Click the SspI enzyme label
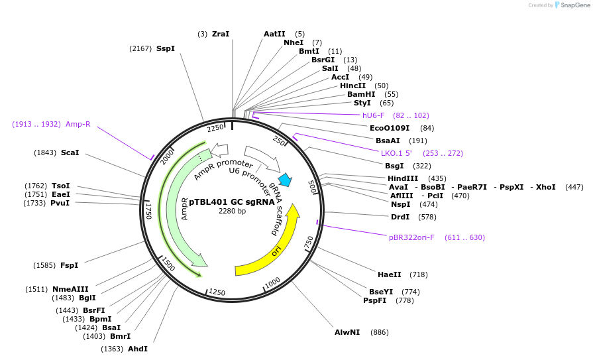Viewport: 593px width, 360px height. pos(166,48)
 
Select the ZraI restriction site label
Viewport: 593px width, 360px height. pos(221,34)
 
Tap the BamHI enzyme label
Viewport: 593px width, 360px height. pos(361,94)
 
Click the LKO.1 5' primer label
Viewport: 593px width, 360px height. pos(396,153)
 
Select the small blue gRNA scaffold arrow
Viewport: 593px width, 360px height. pos(286,180)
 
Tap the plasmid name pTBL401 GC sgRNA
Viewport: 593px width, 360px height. pos(231,202)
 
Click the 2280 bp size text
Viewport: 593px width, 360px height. pos(232,211)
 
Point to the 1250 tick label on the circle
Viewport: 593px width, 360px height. pos(217,292)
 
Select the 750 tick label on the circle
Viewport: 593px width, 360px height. pos(309,243)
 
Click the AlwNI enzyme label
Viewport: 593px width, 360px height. pos(347,332)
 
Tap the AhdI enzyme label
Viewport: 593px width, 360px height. pos(138,349)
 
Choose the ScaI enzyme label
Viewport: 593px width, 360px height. pos(70,152)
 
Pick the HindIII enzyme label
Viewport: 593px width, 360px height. pos(403,178)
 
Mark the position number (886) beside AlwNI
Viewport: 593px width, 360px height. pos(380,332)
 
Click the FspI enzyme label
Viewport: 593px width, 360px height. pos(69,265)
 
